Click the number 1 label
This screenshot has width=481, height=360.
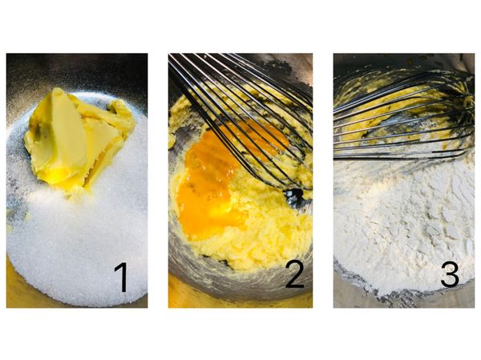coord(122,277)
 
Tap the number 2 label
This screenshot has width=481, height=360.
coord(294,274)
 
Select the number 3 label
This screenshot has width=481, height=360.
coord(450,274)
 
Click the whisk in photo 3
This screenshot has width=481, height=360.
coord(405,116)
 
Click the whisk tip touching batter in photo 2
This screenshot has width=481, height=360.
coord(294,196)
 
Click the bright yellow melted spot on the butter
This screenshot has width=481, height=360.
coord(60,177)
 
